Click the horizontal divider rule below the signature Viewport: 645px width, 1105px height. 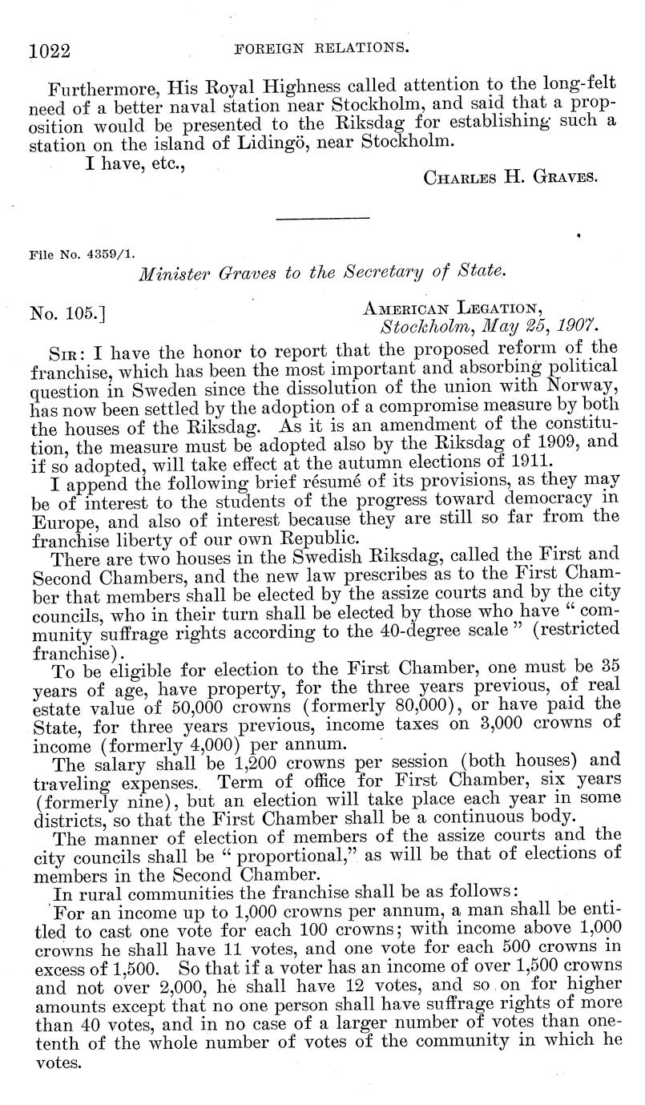click(322, 217)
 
